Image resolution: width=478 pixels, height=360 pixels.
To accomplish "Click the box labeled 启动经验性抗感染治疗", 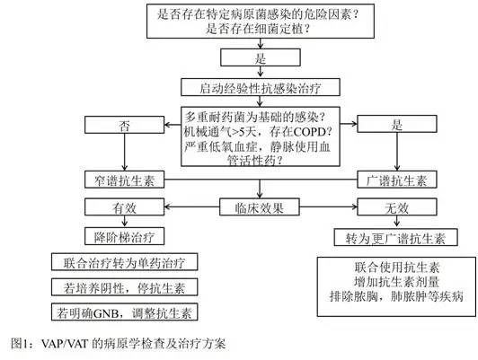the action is tap(261, 87).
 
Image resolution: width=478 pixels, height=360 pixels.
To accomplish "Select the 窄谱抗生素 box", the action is tap(124, 180).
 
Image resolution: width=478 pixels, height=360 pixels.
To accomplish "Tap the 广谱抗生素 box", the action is tap(396, 180).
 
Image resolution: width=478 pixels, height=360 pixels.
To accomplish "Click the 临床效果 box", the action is tap(260, 207).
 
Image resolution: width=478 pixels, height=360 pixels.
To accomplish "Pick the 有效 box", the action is tap(124, 207).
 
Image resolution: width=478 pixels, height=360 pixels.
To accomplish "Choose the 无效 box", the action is tap(396, 207).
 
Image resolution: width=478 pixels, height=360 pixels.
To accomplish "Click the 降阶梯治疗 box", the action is tap(124, 236).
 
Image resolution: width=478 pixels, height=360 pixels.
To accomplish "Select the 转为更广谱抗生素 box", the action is tap(395, 237).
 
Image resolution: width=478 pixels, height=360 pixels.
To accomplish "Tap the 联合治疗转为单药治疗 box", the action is tap(124, 261).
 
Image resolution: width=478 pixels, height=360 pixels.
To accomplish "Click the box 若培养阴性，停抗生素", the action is tap(124, 287).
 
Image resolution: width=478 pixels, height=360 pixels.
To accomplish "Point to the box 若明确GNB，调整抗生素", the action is tap(124, 312).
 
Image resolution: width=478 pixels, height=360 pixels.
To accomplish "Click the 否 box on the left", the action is tap(124, 125).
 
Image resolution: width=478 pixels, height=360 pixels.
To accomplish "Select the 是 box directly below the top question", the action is tap(261, 57).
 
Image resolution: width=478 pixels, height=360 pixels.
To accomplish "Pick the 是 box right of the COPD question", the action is tap(396, 124).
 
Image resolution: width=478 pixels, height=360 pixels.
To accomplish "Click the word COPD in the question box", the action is tap(309, 132).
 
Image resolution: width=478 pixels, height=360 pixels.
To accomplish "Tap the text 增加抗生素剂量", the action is tap(396, 281).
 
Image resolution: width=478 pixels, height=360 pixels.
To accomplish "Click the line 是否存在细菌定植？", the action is tap(259, 29).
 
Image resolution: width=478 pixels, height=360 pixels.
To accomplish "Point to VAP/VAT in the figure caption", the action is tap(65, 344).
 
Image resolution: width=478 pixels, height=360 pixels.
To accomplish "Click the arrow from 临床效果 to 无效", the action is tap(328, 207).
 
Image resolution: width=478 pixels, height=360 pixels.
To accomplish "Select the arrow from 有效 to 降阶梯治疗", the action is tap(124, 222).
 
